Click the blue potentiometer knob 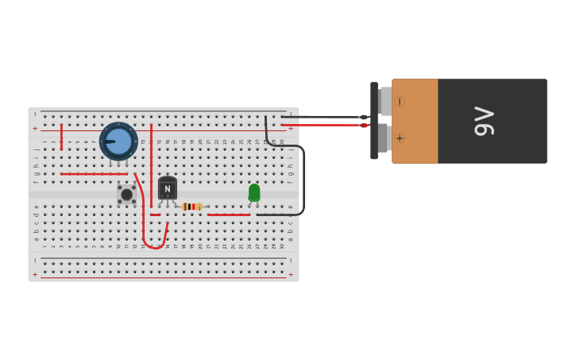point(118,141)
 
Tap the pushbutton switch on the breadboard point(126,194)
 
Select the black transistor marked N point(167,188)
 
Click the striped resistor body point(191,207)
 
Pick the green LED point(254,192)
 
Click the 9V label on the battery point(484,121)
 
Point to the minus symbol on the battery point(399,101)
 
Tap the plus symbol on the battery point(399,138)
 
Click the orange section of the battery point(415,121)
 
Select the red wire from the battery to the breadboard point(326,125)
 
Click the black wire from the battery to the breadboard point(326,117)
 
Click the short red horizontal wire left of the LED point(229,215)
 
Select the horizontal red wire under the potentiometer point(94,173)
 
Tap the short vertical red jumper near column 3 point(61,137)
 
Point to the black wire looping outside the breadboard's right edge point(303,183)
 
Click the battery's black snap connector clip point(374,121)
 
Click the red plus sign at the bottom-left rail point(34,275)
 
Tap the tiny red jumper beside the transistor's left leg point(155,215)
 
